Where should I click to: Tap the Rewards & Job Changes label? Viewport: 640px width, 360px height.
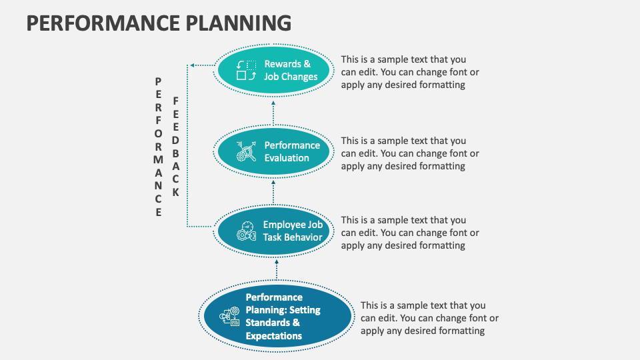[x=290, y=70]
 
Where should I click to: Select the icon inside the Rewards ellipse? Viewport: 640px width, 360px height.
[x=246, y=70]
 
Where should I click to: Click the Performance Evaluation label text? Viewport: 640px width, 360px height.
[x=292, y=151]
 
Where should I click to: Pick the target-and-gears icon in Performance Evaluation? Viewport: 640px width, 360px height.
[x=246, y=151]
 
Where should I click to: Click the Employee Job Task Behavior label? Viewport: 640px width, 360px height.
[x=293, y=231]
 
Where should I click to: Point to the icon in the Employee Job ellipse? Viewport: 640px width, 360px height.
[x=246, y=231]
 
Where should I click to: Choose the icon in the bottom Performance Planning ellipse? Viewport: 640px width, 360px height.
[x=231, y=317]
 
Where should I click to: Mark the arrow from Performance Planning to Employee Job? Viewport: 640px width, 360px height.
[x=277, y=270]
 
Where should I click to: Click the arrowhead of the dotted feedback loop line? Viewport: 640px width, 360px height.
[x=192, y=65]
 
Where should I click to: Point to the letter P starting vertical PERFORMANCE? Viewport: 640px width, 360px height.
[x=158, y=81]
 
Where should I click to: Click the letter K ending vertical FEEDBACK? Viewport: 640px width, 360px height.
[x=176, y=192]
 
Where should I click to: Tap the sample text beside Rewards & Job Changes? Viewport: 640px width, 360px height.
[x=409, y=72]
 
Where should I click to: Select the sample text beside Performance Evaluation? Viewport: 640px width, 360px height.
[x=409, y=153]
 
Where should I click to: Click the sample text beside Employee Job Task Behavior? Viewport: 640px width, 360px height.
[x=409, y=233]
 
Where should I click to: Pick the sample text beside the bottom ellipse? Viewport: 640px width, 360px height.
[x=429, y=318]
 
